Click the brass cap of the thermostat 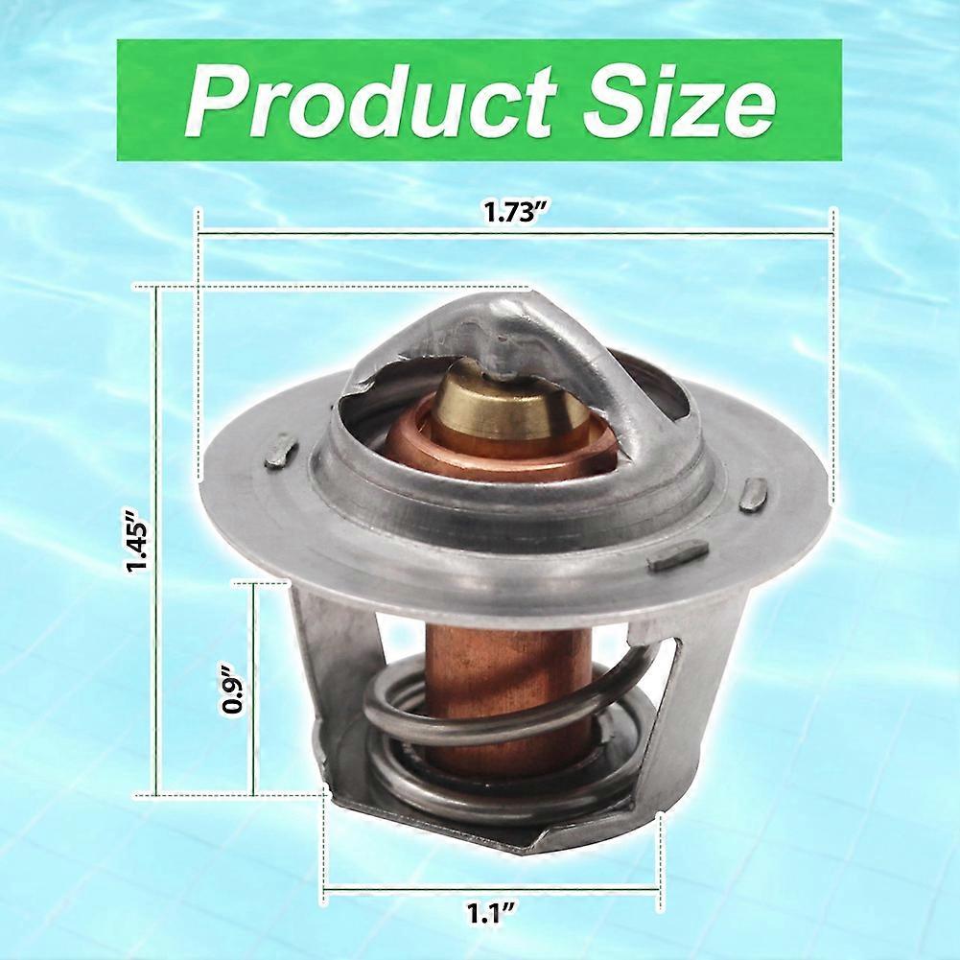(510, 399)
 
